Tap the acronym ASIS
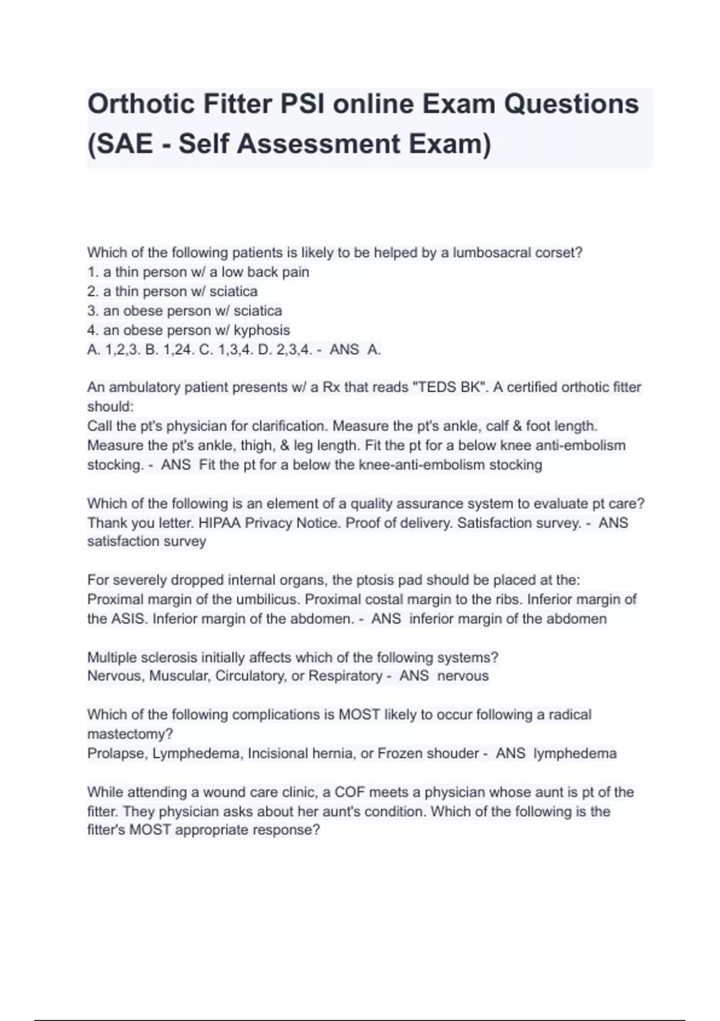tap(130, 619)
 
